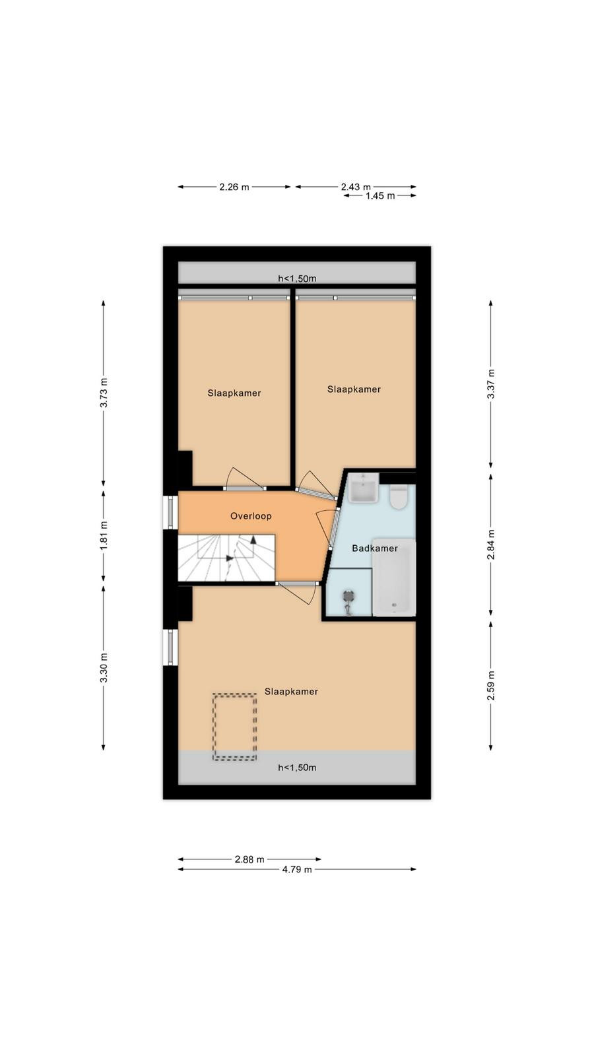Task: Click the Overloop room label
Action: (251, 516)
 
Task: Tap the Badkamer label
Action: (375, 548)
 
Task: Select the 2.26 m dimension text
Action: (234, 187)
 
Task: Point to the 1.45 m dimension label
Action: (380, 196)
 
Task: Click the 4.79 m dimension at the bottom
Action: (297, 869)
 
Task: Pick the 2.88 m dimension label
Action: (250, 859)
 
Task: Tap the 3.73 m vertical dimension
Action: (104, 393)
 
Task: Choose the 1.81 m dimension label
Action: (104, 535)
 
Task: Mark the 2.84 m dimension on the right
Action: (491, 544)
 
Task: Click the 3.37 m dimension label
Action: (491, 384)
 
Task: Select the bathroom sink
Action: (364, 487)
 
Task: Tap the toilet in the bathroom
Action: (399, 496)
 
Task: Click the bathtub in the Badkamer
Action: (394, 577)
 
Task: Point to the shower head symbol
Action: (349, 602)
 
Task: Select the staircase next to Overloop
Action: (226, 558)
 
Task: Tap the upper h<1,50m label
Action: (297, 279)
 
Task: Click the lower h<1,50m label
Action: (297, 768)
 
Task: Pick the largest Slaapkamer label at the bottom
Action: (291, 692)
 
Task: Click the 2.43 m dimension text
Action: (356, 187)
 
